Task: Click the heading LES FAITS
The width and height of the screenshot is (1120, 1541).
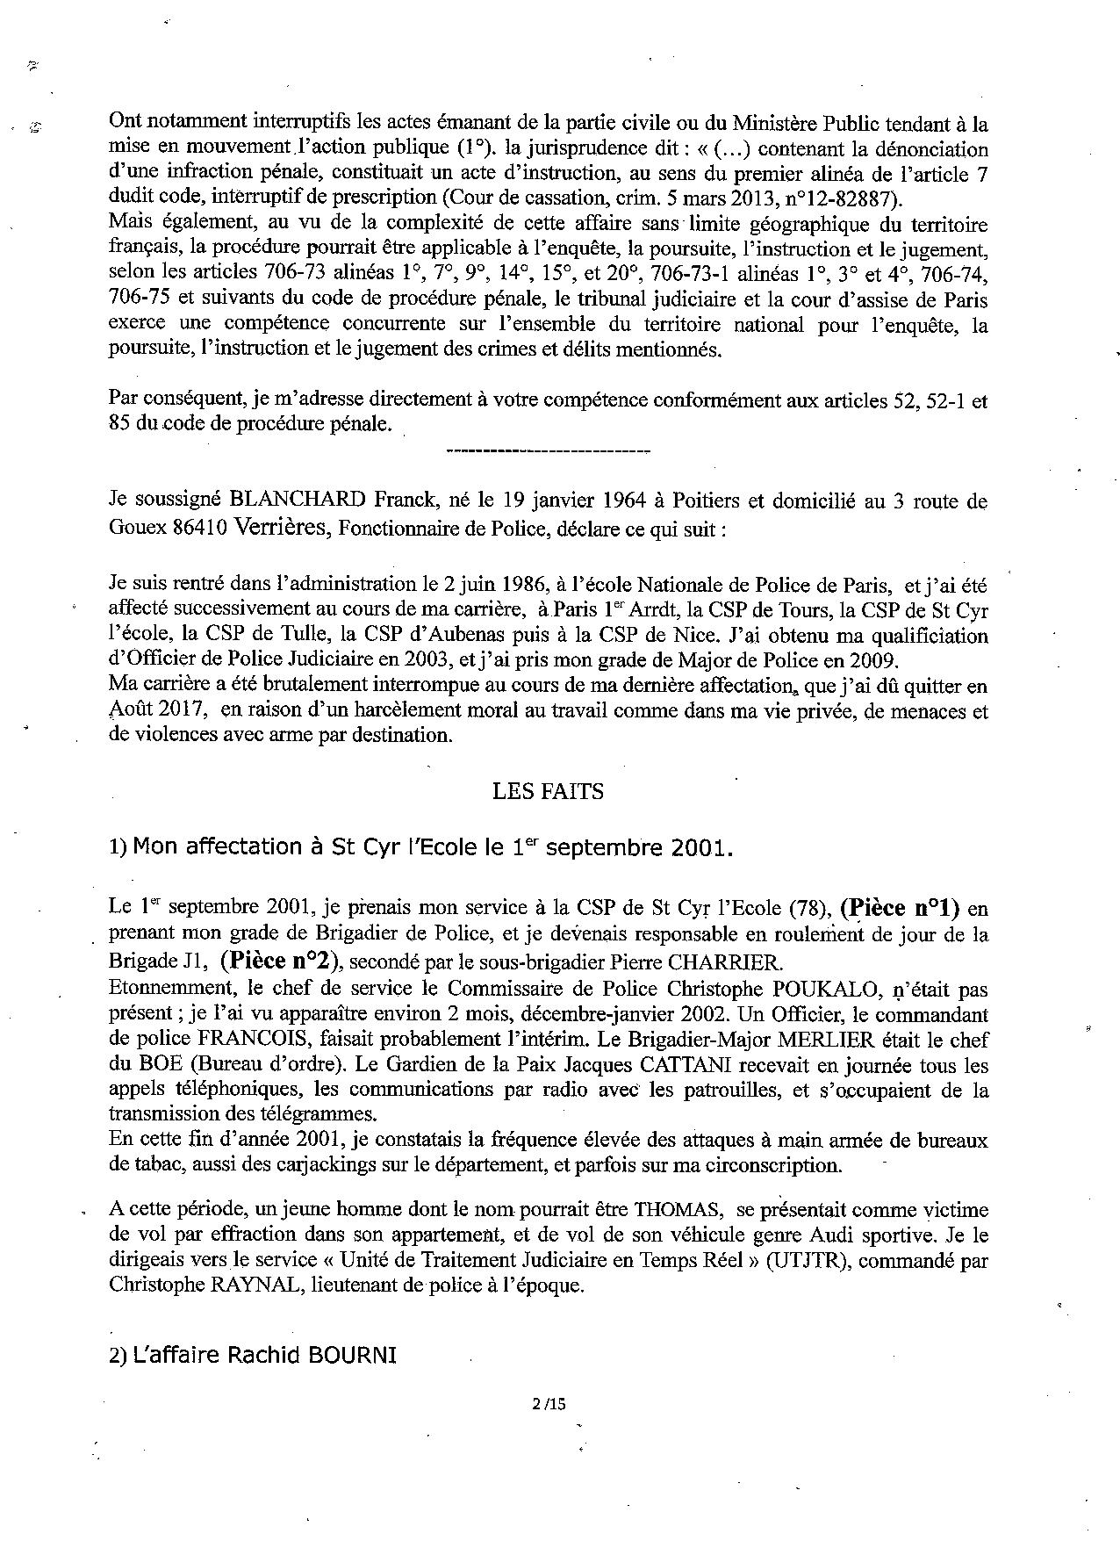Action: tap(548, 791)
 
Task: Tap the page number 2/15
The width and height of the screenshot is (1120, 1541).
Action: tap(549, 1403)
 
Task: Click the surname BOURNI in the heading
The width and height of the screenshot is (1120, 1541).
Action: tap(351, 1355)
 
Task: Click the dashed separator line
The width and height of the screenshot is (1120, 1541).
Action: tap(548, 452)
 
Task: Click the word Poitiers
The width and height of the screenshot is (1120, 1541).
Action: tap(706, 502)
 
